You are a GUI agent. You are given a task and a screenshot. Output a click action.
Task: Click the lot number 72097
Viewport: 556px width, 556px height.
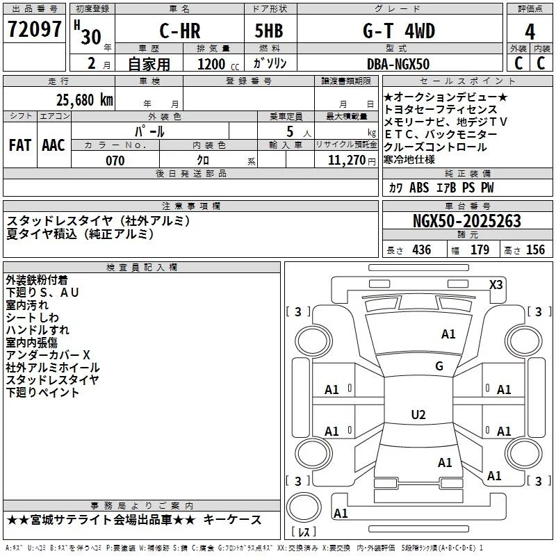pos(34,29)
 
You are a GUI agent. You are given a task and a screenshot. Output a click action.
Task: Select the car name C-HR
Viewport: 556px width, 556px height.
pos(180,31)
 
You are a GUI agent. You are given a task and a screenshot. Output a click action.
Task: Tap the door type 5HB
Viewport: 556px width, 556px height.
pos(269,31)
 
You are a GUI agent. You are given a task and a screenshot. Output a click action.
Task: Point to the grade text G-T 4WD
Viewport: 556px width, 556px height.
pos(398,31)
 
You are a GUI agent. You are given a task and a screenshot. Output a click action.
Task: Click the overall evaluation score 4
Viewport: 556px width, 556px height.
pos(530,32)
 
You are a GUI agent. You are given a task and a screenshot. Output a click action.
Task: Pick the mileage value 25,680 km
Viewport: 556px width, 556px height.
pos(84,100)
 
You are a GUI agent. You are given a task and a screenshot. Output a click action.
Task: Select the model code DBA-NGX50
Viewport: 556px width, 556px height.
pos(398,64)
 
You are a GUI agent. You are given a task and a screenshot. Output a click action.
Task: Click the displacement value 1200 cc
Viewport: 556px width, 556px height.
pos(218,64)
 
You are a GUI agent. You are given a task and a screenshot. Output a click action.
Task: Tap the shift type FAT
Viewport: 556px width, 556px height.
pos(20,145)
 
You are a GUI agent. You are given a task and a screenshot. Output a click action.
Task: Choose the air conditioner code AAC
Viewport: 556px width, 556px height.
pos(54,145)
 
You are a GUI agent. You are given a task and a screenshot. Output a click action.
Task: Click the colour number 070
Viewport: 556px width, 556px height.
pos(115,161)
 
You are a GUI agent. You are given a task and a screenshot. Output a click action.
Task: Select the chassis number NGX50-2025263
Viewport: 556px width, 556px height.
pos(467,221)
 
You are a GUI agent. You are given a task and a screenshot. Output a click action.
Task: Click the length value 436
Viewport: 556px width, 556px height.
pos(422,250)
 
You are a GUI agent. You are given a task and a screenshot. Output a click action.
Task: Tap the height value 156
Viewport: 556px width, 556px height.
pos(535,250)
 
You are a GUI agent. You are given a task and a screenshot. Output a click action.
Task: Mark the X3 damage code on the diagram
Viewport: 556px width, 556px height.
pos(496,285)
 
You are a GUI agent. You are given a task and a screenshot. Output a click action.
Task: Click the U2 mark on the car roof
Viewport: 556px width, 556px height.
pos(418,414)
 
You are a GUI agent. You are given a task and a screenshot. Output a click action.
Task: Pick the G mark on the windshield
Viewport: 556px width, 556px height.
pos(439,366)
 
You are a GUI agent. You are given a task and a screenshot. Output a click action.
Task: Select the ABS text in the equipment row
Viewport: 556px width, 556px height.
pos(419,188)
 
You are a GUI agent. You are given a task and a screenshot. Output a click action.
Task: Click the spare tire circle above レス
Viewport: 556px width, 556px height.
pos(304,507)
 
